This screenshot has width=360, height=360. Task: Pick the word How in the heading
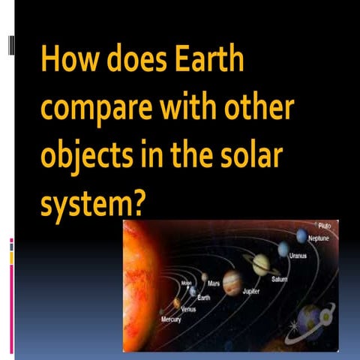tap(64, 58)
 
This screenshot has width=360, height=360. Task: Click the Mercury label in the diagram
tap(171, 319)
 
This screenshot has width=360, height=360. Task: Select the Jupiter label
tap(251, 291)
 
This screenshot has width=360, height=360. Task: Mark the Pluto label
tap(324, 225)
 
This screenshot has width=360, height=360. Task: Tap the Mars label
tap(213, 285)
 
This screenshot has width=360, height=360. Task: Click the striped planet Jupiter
tap(232, 281)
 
